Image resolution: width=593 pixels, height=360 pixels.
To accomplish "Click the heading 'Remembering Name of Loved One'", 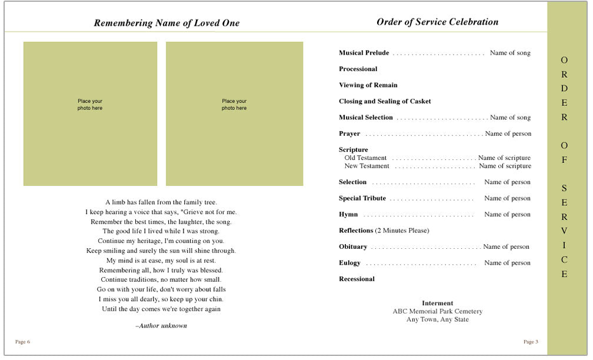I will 166,23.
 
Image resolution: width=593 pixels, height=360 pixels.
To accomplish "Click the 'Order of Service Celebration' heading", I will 437,22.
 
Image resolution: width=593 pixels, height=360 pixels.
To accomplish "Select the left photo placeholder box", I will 90,114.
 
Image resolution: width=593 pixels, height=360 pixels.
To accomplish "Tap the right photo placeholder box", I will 234,114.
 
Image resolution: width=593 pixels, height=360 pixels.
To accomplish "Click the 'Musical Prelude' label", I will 364,53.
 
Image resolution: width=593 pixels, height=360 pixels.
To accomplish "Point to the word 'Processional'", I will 358,69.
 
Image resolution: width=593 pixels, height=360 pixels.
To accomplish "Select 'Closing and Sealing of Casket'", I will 385,101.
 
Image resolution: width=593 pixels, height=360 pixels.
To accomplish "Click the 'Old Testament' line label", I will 365,158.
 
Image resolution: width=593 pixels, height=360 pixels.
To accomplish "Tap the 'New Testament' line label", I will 367,166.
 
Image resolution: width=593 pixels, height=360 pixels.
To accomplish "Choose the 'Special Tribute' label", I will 362,198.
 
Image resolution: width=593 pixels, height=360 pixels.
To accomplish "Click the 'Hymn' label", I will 348,215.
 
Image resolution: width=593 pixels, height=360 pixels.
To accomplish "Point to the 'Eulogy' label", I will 349,263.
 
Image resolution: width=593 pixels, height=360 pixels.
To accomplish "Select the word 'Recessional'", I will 357,279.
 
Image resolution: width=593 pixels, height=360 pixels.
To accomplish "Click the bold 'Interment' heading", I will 437,304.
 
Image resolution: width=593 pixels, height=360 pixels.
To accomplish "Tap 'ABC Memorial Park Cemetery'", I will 437,311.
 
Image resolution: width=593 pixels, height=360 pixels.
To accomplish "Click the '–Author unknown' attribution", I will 161,325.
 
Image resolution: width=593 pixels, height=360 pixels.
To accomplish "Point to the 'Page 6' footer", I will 22,342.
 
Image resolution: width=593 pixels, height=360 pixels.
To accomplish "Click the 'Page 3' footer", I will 531,342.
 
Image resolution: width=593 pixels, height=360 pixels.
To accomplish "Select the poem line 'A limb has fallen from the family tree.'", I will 161,202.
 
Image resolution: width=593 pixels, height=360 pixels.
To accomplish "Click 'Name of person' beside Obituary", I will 506,247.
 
